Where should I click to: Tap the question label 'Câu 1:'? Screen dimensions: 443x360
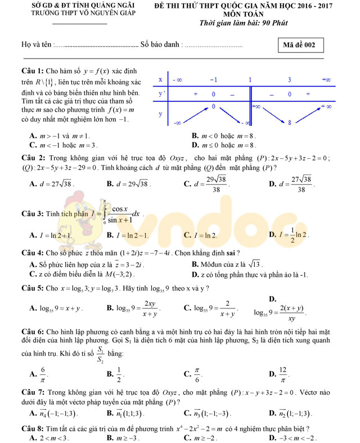click(x=33, y=71)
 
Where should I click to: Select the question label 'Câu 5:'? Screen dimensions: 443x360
click(x=33, y=288)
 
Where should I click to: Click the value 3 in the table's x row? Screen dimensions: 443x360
click(x=289, y=80)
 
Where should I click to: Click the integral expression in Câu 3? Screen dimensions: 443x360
click(x=119, y=213)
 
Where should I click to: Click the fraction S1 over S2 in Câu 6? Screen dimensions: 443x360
click(x=100, y=354)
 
